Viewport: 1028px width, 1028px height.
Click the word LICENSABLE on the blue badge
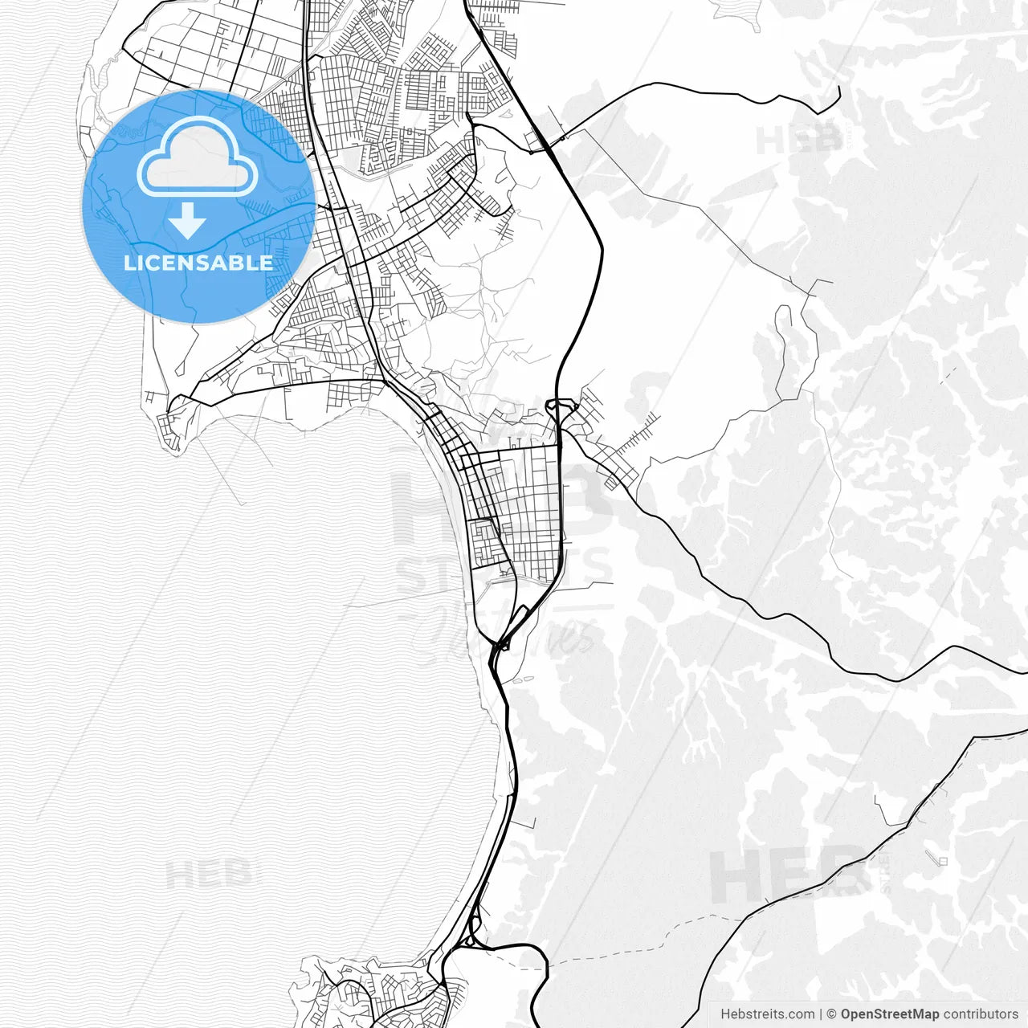[x=198, y=263]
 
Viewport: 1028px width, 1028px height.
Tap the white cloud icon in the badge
[x=198, y=157]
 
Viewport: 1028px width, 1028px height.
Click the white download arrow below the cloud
[x=188, y=220]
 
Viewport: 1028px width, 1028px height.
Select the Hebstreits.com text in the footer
[x=767, y=1014]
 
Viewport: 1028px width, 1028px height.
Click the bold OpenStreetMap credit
[x=889, y=1014]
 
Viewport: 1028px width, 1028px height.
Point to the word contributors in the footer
[x=980, y=1014]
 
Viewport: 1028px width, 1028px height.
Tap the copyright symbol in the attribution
[x=832, y=1014]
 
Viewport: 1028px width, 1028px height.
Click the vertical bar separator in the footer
[x=820, y=1014]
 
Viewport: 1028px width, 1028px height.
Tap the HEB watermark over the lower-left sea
[x=207, y=874]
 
